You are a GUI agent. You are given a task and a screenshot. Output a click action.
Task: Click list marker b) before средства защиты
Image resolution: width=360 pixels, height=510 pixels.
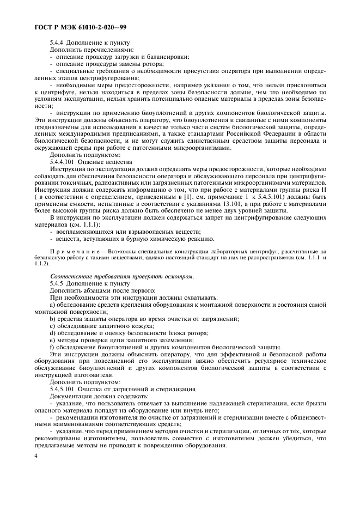[52, 319]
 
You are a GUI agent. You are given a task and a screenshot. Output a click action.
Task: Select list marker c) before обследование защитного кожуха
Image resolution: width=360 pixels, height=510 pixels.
[52, 326]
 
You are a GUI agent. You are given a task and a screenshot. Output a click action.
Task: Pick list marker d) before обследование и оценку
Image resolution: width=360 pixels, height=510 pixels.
[52, 333]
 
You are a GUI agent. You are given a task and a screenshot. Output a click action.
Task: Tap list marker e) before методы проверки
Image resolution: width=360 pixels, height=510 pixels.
[52, 340]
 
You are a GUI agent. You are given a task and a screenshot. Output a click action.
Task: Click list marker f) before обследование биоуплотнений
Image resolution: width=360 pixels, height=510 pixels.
[52, 347]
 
